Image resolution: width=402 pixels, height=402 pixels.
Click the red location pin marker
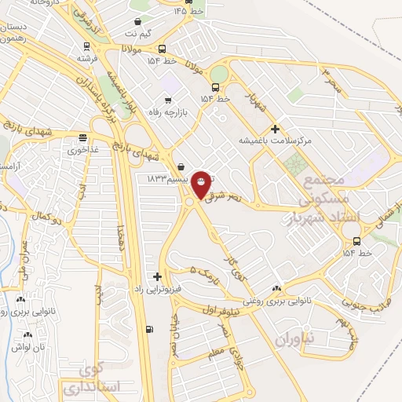tap(202, 183)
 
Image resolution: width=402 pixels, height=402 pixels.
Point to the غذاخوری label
tap(81, 148)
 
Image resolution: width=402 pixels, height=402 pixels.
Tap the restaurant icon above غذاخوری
tap(82, 137)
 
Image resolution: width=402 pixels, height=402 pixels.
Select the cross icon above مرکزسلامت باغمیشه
tap(275, 129)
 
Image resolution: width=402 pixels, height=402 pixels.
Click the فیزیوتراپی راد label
tap(157, 288)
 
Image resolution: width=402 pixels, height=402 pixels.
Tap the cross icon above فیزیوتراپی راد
tap(158, 276)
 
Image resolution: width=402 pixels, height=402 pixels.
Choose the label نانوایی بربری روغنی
tap(275, 299)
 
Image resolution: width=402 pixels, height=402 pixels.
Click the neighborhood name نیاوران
tap(294, 339)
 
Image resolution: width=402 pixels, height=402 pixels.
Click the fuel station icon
tap(149, 330)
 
